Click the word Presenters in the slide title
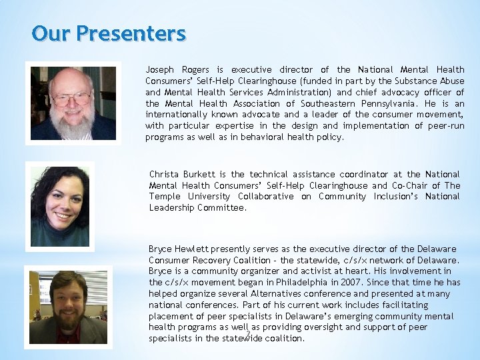tap(132, 33)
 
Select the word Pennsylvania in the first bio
tap(389, 104)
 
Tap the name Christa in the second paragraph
tap(164, 175)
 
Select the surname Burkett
tap(201, 175)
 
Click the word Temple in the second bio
tap(165, 197)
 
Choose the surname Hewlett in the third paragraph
tap(192, 249)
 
